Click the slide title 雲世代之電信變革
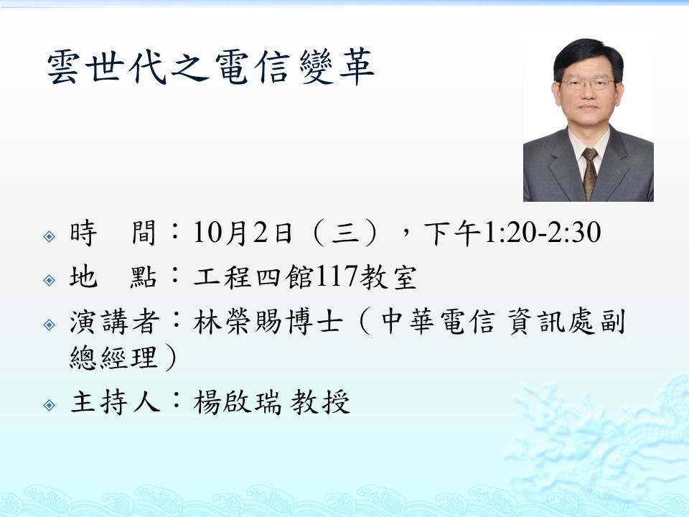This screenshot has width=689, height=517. (210, 66)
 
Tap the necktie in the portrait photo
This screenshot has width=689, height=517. (589, 173)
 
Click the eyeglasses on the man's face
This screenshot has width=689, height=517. (586, 83)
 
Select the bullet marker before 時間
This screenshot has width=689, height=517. (50, 236)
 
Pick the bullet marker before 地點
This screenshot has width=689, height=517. (50, 280)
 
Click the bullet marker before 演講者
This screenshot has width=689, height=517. (50, 325)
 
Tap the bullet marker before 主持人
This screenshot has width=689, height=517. (50, 404)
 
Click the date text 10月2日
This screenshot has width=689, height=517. (243, 233)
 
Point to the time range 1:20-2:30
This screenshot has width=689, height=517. (542, 233)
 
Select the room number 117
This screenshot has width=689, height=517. (336, 276)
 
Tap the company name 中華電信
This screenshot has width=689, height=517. (438, 322)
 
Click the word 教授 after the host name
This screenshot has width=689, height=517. (320, 401)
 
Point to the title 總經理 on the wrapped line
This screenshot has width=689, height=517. (113, 358)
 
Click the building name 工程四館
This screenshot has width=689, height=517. (253, 277)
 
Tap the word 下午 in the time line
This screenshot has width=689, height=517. (453, 233)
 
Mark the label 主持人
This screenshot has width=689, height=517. (115, 401)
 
